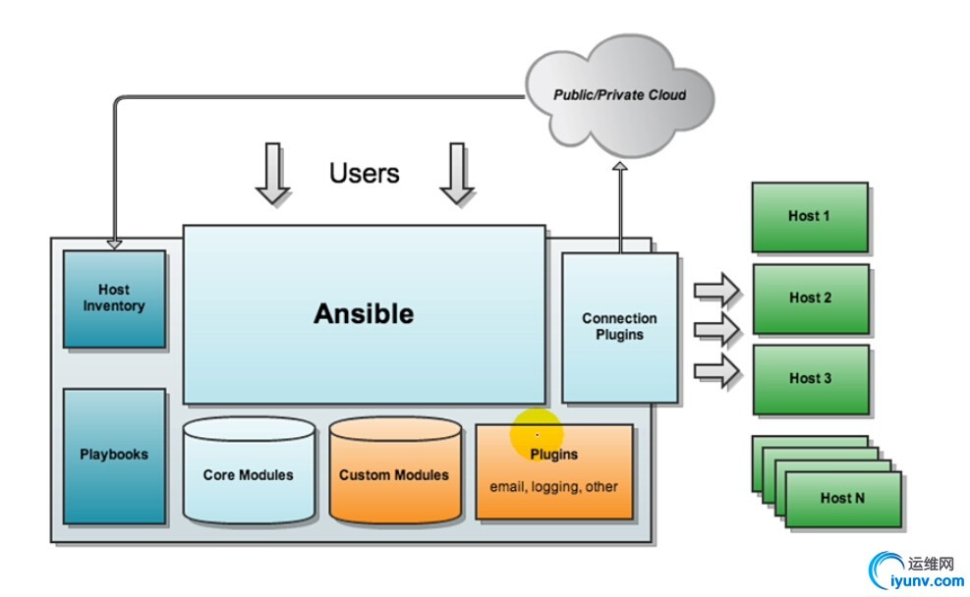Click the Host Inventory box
pos(114,298)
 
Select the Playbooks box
pos(114,455)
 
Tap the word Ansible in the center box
pos(364,313)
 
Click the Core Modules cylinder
pos(248,474)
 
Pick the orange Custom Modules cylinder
pos(394,474)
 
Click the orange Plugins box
pos(554,470)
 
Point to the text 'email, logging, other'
pos(554,487)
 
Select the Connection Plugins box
pos(619,327)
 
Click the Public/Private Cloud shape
pos(619,95)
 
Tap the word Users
pos(365,174)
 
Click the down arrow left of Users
pos(272,174)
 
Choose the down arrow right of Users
pos(456,174)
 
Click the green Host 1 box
pos(809,216)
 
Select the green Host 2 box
pos(810,298)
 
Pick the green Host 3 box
pos(810,378)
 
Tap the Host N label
pos(842,498)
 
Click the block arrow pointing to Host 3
pos(716,372)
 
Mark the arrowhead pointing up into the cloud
pos(620,169)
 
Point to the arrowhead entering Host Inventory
pos(114,243)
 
